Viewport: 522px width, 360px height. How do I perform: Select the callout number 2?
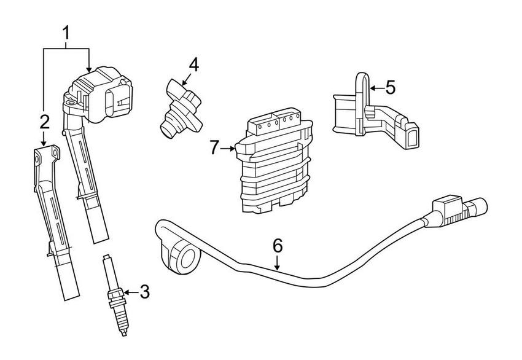44,122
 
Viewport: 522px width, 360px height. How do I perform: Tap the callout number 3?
144,292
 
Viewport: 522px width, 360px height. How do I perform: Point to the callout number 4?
193,64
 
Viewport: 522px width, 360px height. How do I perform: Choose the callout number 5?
390,87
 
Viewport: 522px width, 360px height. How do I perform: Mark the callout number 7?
214,147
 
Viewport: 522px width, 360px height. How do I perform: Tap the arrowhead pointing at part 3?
125,292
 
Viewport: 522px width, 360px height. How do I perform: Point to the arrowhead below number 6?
278,268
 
